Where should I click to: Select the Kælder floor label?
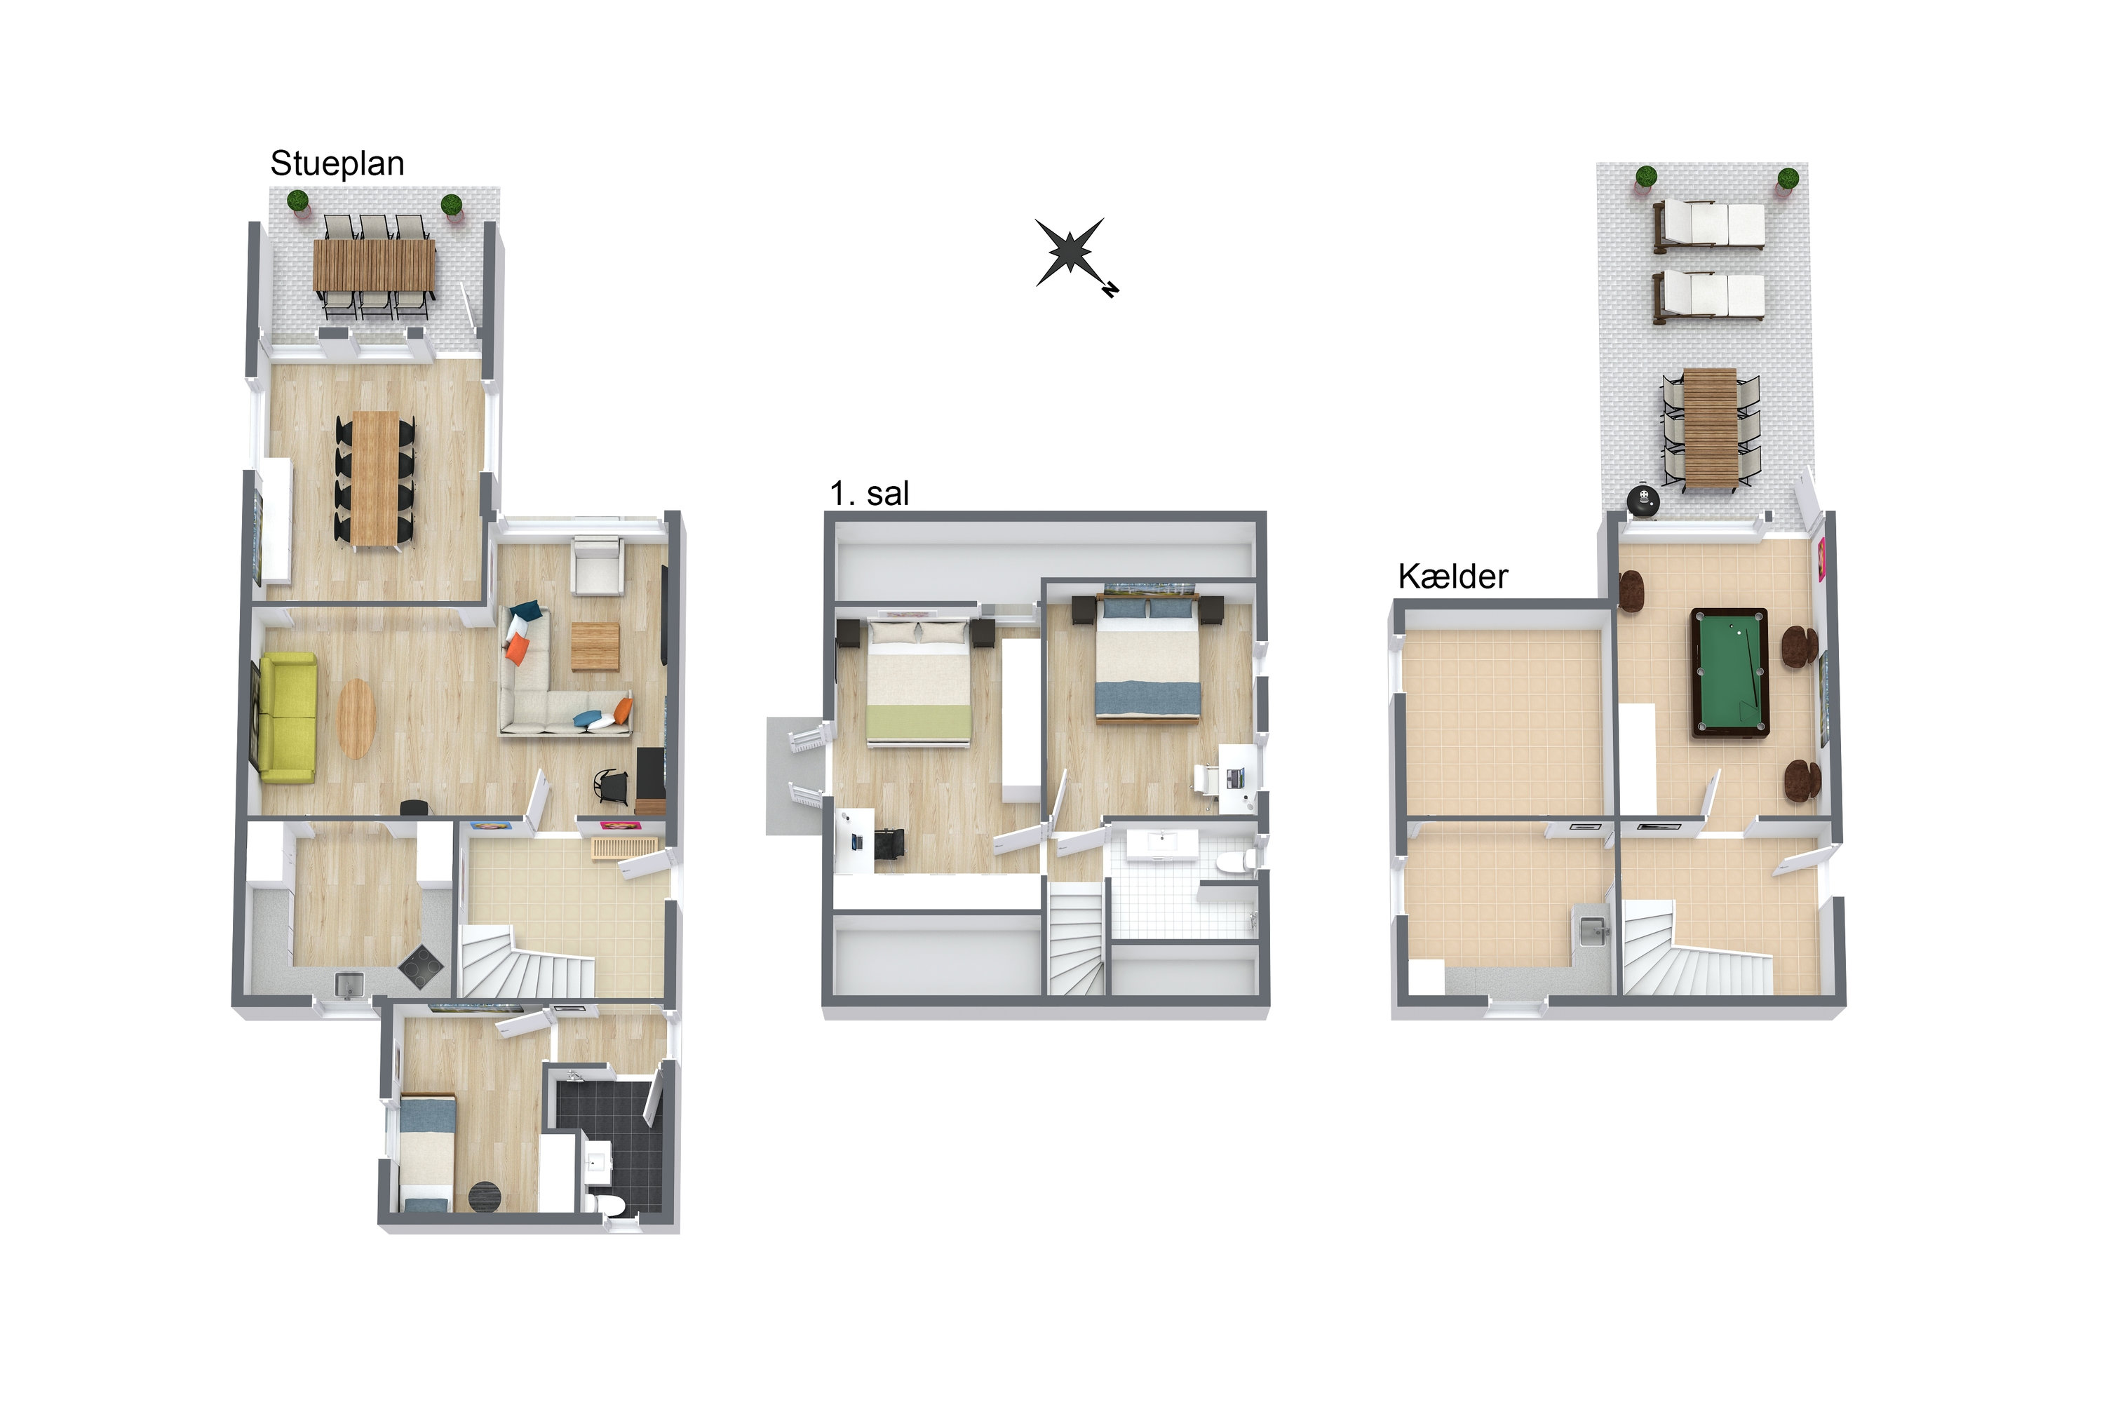click(x=1452, y=577)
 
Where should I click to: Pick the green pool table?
click(x=1729, y=673)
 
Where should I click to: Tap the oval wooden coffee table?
click(x=356, y=719)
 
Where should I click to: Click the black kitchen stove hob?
click(x=420, y=966)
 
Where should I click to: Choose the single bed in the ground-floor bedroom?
click(x=426, y=1154)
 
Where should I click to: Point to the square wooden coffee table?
click(x=595, y=645)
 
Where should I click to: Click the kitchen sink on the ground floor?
click(x=347, y=985)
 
